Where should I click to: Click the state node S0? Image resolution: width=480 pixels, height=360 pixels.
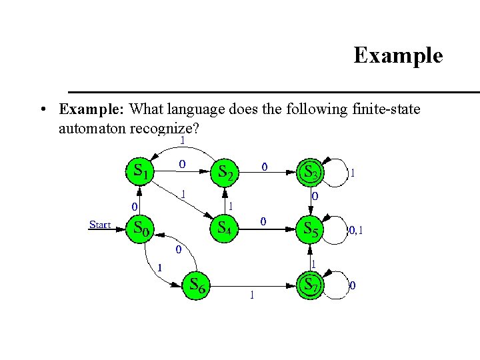(x=139, y=228)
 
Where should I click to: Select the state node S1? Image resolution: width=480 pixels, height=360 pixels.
(x=139, y=171)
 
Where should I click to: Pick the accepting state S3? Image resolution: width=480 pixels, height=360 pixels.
(x=311, y=171)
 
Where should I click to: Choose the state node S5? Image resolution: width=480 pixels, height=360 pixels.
(x=311, y=228)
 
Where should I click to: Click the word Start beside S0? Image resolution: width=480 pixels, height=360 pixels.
(x=100, y=225)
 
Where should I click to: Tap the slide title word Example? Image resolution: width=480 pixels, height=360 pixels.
(x=397, y=55)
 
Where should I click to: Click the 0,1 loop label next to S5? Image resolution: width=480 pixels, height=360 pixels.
(x=355, y=231)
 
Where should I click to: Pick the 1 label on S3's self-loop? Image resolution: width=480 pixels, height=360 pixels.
(x=353, y=173)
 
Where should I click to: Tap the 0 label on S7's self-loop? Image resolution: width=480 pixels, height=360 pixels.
(x=353, y=285)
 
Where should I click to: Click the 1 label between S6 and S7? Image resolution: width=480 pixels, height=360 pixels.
(x=251, y=295)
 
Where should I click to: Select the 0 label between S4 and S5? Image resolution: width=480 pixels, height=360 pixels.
(x=264, y=221)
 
